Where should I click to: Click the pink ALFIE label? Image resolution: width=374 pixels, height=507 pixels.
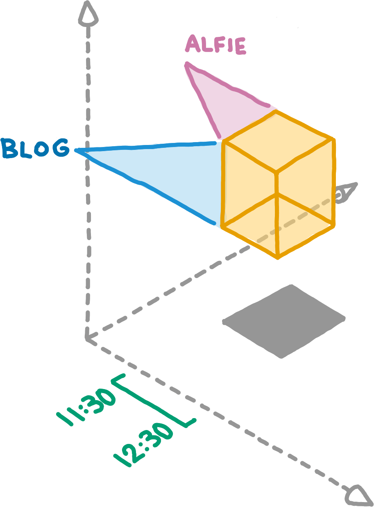(215, 45)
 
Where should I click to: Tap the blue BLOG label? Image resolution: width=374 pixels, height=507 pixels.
(35, 149)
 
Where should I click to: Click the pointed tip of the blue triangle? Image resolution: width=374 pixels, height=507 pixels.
(77, 151)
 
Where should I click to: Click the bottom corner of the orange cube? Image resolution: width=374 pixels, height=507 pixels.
(278, 257)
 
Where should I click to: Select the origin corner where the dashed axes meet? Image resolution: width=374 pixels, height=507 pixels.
(87, 338)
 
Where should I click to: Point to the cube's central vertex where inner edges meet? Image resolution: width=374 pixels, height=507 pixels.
(277, 172)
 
